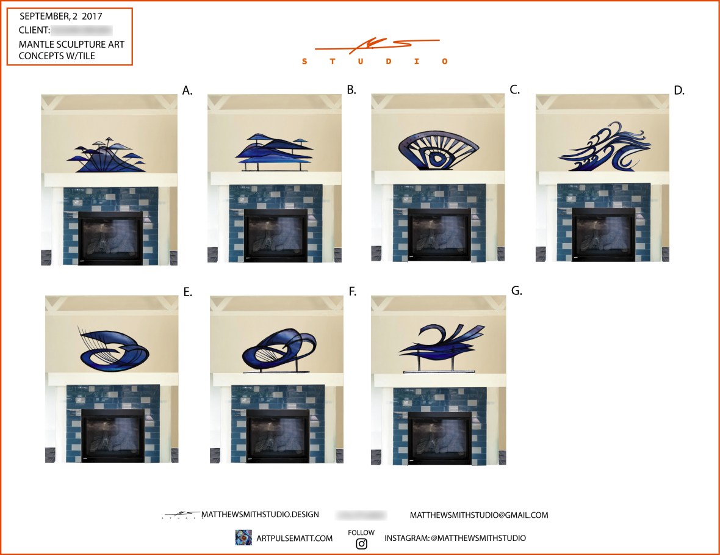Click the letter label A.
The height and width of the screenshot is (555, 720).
point(187,91)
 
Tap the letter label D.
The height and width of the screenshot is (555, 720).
point(679,91)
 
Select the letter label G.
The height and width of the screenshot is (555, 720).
point(516,291)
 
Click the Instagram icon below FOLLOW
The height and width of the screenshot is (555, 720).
point(361,543)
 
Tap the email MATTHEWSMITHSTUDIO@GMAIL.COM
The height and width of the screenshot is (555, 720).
point(479,515)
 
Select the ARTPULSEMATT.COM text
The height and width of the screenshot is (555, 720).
point(295,539)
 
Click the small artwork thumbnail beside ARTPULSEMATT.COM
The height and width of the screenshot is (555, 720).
point(243,538)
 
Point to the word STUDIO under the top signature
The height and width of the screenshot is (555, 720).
point(376,61)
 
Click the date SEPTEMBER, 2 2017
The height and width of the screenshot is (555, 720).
point(61,16)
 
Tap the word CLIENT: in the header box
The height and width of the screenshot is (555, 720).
point(34,30)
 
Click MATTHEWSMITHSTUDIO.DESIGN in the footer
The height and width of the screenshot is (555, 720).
point(259,515)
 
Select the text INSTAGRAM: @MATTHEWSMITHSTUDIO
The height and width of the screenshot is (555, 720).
point(455,539)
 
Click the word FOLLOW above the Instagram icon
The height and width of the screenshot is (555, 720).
point(361,532)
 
